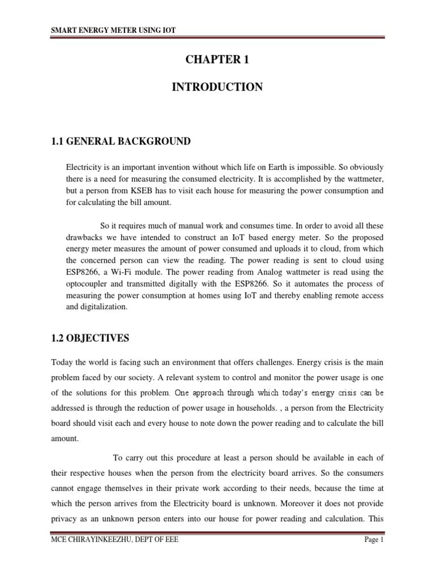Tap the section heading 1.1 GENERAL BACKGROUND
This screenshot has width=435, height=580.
pos(121,141)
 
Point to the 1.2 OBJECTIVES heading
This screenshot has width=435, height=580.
pos(90,338)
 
